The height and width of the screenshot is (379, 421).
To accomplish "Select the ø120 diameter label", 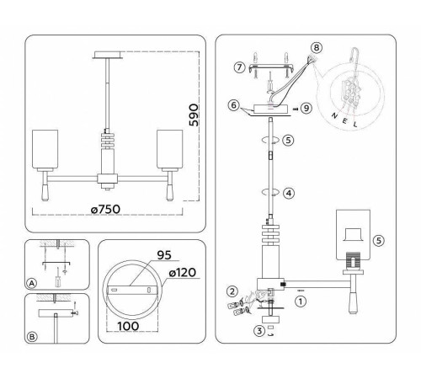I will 180,274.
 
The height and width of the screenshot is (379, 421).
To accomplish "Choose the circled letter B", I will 32,337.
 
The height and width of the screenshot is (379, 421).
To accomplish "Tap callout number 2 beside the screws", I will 228,291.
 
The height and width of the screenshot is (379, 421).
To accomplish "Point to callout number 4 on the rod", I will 288,193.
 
